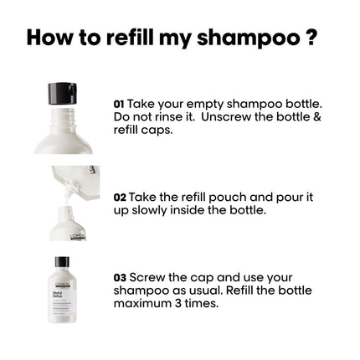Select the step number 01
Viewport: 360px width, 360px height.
119,104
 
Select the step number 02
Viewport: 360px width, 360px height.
120,198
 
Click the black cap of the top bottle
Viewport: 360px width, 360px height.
62,92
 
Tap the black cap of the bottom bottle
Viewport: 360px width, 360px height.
62,262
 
